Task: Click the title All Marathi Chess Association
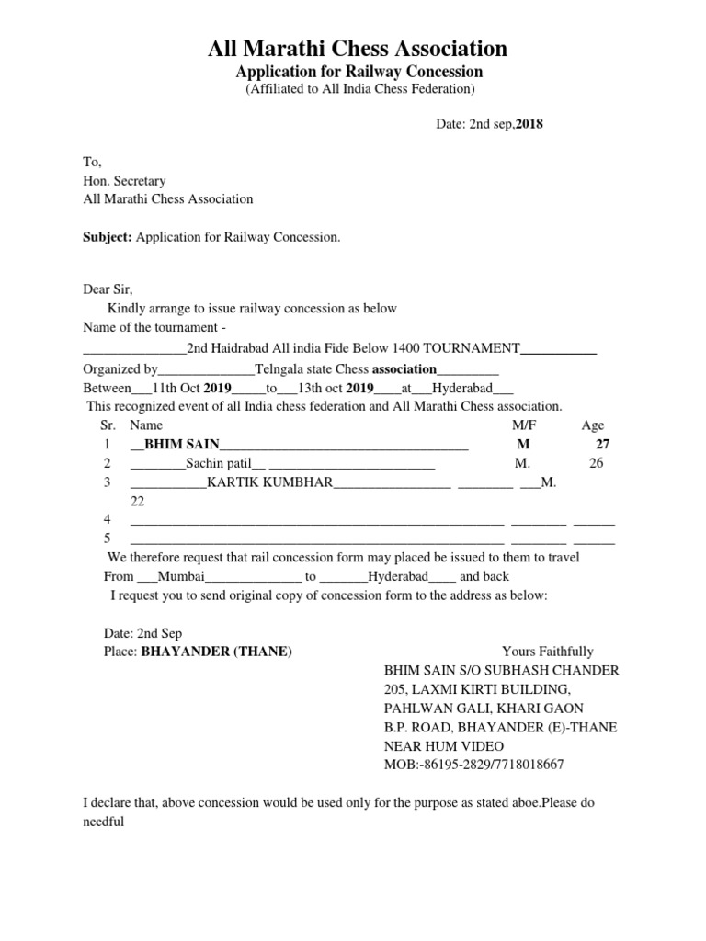(357, 48)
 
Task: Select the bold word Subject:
(108, 237)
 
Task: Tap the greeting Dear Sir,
(108, 289)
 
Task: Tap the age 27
(603, 444)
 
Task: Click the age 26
(597, 463)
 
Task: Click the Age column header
(593, 425)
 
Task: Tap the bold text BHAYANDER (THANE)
(216, 652)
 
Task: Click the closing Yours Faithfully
(548, 652)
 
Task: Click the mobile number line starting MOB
(473, 765)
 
